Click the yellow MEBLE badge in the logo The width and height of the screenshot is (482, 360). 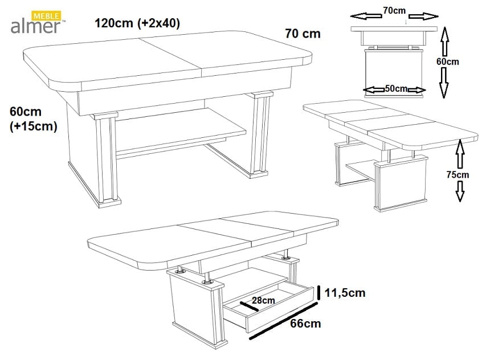coord(46,16)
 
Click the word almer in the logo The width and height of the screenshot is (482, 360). coord(36,26)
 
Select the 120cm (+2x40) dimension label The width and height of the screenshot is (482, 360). coord(137,23)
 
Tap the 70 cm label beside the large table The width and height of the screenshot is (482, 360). coord(303,34)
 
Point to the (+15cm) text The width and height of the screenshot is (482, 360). coord(34,126)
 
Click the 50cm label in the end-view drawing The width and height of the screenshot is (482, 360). coord(396,88)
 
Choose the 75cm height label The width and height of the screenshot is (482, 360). coord(458,175)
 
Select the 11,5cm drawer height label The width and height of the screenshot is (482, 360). coord(345,293)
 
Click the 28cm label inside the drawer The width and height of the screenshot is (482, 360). coord(263,300)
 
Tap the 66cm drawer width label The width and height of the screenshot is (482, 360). coord(305,324)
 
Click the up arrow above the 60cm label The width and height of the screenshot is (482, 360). coord(445,42)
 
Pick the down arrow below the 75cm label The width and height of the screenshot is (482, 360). coord(460,191)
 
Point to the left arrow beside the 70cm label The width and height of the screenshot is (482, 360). coord(366,16)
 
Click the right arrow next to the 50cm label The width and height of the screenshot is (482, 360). coord(416,90)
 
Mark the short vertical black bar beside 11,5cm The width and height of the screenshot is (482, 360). coord(319,292)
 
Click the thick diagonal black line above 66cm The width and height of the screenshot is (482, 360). coord(283,321)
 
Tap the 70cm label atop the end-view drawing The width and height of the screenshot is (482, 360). coord(394,11)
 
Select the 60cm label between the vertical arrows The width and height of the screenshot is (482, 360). coord(448,62)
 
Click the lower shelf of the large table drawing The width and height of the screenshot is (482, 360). coord(181,129)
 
